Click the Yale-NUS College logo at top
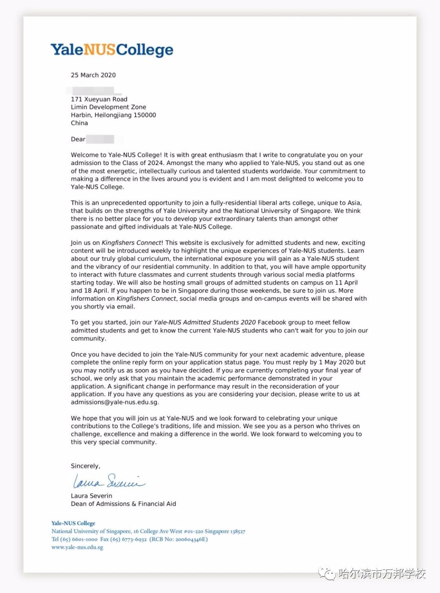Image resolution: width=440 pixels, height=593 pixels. [x=112, y=50]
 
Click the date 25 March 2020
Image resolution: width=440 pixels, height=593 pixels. [x=93, y=75]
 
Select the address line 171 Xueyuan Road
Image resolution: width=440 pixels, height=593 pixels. [x=99, y=99]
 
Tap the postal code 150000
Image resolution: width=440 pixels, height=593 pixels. [x=145, y=115]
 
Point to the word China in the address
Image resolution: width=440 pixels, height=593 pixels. [x=79, y=123]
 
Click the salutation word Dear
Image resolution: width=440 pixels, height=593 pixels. [x=78, y=139]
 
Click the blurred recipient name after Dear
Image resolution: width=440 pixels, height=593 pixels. [x=100, y=139]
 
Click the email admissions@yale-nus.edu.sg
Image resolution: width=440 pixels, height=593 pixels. [x=114, y=402]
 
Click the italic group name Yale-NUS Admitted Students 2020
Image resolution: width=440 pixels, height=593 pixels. [x=205, y=322]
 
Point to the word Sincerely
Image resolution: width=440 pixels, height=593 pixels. [x=85, y=466]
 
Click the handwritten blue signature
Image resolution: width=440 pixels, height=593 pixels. [x=108, y=481]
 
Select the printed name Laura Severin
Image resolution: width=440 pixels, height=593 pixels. [x=91, y=496]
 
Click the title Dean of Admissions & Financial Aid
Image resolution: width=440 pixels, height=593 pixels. [x=123, y=504]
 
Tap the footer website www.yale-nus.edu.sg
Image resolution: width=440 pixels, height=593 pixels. [x=77, y=547]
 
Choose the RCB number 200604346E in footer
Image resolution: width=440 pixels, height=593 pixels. [x=191, y=539]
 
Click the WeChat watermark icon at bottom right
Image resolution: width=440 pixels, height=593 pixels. [x=327, y=573]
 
